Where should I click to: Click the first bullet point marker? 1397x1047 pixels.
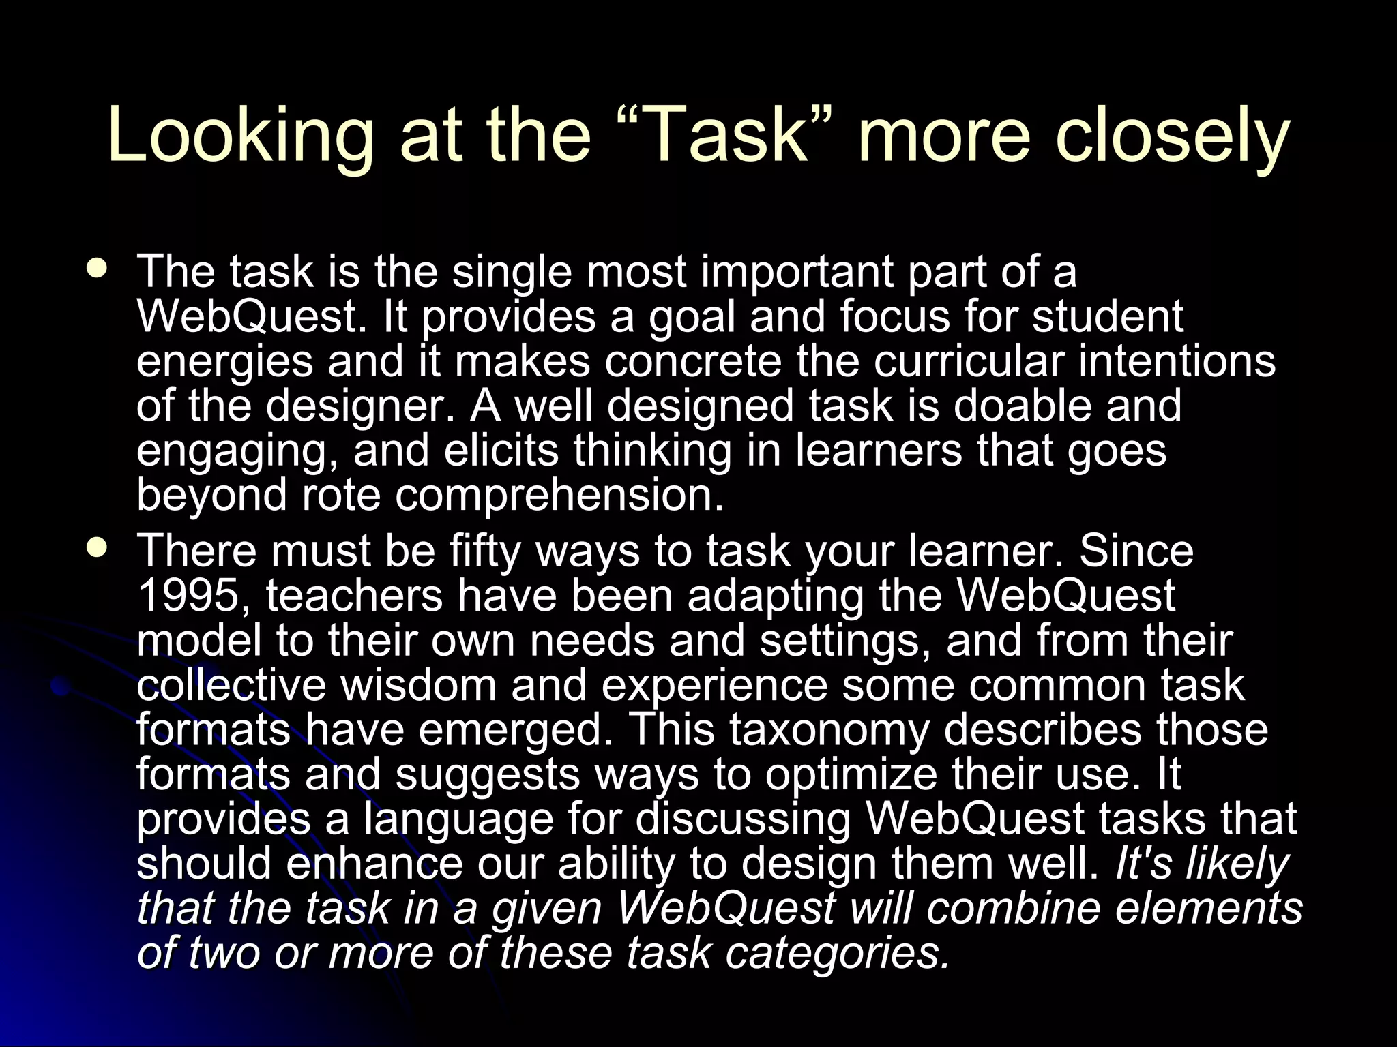98,268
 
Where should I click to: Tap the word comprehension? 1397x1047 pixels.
559,495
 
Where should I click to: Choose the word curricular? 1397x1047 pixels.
969,361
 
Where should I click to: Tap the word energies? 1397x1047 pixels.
224,362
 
